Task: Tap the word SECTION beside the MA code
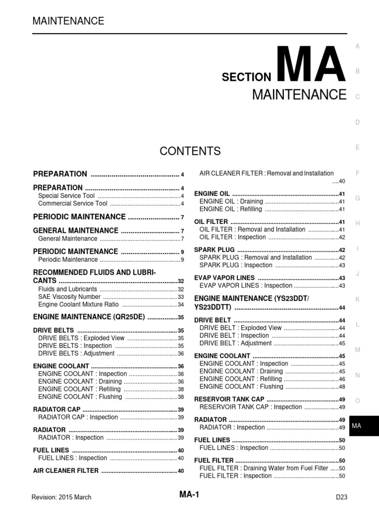click(x=246, y=77)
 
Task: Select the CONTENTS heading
click(x=190, y=151)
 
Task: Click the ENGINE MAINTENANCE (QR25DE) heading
click(x=89, y=318)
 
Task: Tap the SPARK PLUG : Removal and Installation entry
click(x=255, y=257)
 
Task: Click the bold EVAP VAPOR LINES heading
click(x=225, y=278)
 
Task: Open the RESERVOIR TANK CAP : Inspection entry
click(x=250, y=407)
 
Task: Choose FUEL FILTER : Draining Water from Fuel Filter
click(x=264, y=468)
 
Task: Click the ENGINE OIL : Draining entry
click(x=230, y=202)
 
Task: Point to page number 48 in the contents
click(x=342, y=387)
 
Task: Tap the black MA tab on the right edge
click(x=363, y=426)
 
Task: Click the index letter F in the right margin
click(x=357, y=173)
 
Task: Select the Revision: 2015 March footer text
click(x=61, y=497)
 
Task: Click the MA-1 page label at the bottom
click(x=189, y=495)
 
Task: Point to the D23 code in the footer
click(x=341, y=497)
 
